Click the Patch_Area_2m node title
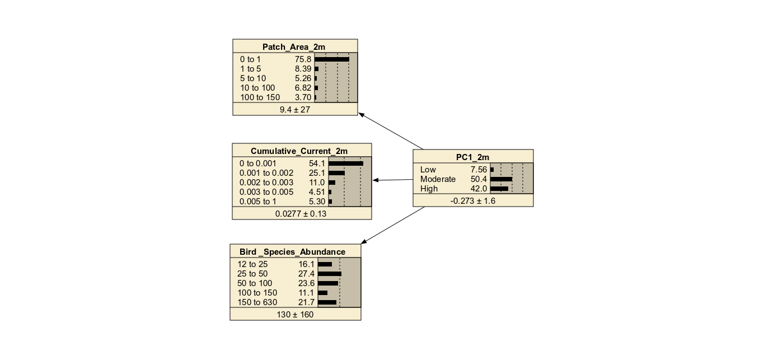[x=295, y=47]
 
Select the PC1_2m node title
[x=473, y=157]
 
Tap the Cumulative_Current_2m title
[x=302, y=151]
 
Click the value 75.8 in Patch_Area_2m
[x=303, y=59]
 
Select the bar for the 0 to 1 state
[x=332, y=59]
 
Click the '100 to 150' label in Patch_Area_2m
[x=260, y=97]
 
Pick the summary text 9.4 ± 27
[x=295, y=110]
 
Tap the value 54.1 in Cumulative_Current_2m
[x=317, y=163]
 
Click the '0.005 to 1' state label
[x=258, y=202]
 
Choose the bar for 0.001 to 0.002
[x=337, y=173]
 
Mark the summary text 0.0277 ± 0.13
[x=302, y=214]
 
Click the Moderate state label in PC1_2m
[x=438, y=179]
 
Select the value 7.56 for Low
[x=480, y=170]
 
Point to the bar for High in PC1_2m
[x=499, y=189]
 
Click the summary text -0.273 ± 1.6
[x=473, y=201]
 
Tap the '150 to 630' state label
[x=257, y=302]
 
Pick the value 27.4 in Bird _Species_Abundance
[x=307, y=274]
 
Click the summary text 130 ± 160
[x=295, y=315]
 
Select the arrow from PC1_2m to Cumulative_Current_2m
[x=393, y=180]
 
